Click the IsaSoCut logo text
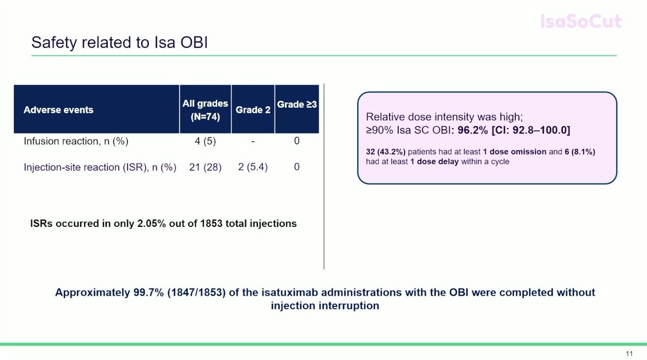(581, 22)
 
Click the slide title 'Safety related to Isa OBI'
(119, 43)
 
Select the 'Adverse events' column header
(58, 110)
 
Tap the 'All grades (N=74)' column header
(205, 109)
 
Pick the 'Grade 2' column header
(253, 110)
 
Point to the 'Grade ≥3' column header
(297, 105)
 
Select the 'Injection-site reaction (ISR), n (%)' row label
(100, 168)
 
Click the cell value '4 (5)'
(205, 142)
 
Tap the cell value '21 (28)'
(205, 168)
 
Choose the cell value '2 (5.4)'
(253, 168)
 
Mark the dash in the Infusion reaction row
(253, 142)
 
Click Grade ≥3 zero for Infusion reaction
(297, 142)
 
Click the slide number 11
(629, 354)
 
